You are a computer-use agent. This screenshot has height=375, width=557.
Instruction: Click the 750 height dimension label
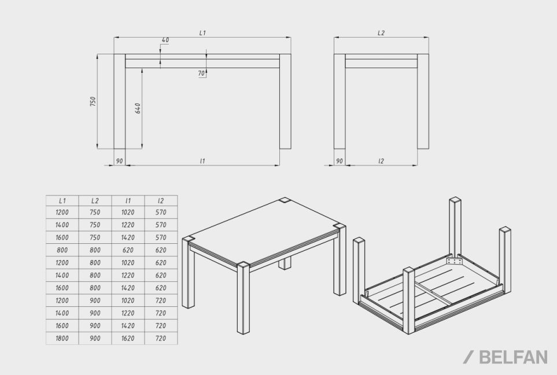coord(93,102)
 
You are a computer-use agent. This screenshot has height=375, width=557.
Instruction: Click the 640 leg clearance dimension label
coord(138,108)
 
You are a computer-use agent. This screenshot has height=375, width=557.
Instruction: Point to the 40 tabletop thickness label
coord(165,40)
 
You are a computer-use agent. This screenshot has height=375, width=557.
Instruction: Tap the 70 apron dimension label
coord(201,73)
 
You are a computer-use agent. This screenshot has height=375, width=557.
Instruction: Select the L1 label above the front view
coord(202,33)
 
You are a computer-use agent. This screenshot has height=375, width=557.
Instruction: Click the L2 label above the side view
coord(381,33)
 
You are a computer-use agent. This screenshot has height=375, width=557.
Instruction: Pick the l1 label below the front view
coord(202,161)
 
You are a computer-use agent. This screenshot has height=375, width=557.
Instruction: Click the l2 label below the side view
coord(381,161)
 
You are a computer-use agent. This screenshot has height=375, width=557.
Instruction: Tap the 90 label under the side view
coord(340,161)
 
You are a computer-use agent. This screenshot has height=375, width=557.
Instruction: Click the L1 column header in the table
coord(62,201)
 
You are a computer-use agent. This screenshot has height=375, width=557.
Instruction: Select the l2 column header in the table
coord(161,201)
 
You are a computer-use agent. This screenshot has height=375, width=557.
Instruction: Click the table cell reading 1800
coord(62,339)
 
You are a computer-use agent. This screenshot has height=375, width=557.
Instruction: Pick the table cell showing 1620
coord(128,339)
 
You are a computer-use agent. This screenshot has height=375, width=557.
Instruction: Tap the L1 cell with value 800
coord(62,250)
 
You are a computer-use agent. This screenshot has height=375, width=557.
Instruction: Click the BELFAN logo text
coord(513,357)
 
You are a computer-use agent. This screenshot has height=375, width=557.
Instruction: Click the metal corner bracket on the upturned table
coord(455,261)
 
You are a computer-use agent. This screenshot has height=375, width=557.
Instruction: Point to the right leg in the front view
coord(285,102)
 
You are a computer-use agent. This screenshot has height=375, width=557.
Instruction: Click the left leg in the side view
coord(340,102)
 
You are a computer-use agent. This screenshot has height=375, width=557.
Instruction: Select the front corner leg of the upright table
coord(244,298)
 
